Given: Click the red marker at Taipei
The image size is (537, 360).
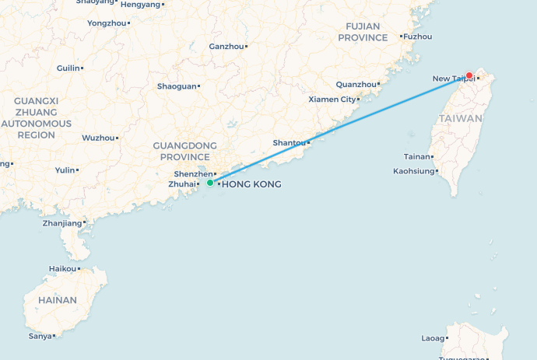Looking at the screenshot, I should [469, 75].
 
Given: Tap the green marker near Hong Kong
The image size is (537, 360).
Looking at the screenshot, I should [210, 183].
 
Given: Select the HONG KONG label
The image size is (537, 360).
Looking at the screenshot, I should [251, 184].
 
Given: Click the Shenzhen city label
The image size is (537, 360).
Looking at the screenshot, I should [190, 173].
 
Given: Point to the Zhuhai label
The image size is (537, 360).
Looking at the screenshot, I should [182, 184].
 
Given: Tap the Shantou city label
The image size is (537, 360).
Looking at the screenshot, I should [290, 143].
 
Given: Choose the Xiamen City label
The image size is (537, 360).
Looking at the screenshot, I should [332, 100].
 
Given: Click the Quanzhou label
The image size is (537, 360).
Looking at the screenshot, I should [356, 85].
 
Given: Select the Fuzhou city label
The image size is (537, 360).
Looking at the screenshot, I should [417, 37].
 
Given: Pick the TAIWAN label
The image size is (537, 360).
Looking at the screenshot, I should [460, 118].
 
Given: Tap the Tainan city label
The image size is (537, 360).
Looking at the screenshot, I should [418, 157].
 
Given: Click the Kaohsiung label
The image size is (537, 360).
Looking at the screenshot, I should [413, 170].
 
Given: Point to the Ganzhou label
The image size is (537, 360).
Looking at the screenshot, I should [226, 47].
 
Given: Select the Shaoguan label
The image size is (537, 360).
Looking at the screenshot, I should [177, 86].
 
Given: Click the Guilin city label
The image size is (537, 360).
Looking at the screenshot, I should [68, 68].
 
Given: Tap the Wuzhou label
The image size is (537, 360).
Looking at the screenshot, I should [97, 138].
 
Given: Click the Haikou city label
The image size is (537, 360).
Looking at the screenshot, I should [62, 269].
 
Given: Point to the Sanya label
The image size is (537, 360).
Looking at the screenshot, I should [40, 336].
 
